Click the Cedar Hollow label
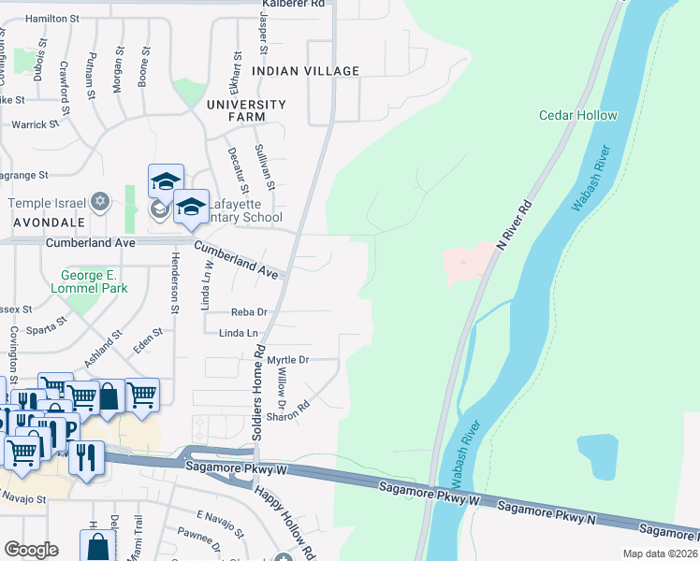pos(577,115)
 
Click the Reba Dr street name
pos(249,312)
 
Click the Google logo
pos(31,550)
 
